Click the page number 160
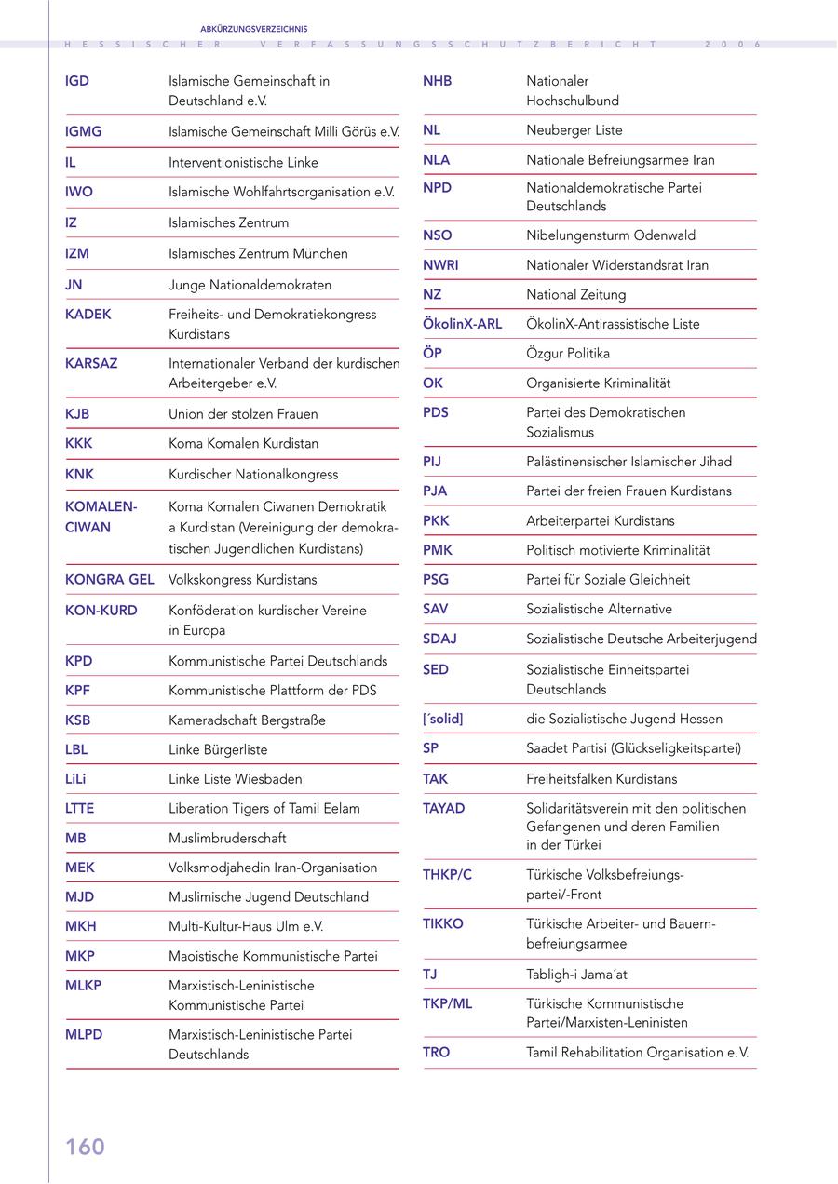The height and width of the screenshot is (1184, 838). (85, 1147)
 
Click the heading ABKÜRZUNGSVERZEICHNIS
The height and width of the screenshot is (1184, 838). (253, 29)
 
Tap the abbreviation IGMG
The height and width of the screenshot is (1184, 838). (84, 132)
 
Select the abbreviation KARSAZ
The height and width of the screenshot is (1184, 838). (91, 364)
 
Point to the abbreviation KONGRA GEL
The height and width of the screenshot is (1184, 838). (110, 580)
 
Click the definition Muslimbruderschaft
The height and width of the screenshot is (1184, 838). (227, 839)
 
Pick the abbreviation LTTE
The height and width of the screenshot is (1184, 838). (80, 809)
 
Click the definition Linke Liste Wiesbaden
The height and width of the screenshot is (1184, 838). (235, 779)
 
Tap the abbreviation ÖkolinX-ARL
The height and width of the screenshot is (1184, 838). (462, 324)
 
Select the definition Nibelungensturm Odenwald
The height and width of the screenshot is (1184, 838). (610, 235)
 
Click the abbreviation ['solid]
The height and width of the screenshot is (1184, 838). (442, 719)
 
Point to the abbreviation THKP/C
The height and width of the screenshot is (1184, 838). (447, 875)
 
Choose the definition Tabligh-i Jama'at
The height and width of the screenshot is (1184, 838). (576, 975)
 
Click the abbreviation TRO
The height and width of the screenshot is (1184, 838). (436, 1053)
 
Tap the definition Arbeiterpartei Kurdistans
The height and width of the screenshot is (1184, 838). (600, 521)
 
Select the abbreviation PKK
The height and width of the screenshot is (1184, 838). (436, 521)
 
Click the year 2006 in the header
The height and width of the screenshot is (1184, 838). (733, 44)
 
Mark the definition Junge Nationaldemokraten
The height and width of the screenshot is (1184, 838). (250, 285)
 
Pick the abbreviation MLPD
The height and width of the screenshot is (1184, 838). (84, 1035)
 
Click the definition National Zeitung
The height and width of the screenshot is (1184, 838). (575, 295)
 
